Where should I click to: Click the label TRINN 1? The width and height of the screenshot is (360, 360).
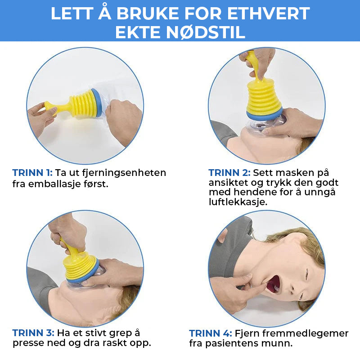pyautogui.click(x=32, y=173)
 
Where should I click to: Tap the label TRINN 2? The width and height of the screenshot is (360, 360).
pyautogui.click(x=229, y=173)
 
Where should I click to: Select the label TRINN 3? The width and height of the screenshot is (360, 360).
pyautogui.click(x=32, y=333)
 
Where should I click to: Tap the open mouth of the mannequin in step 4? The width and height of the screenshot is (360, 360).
pyautogui.click(x=273, y=283)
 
